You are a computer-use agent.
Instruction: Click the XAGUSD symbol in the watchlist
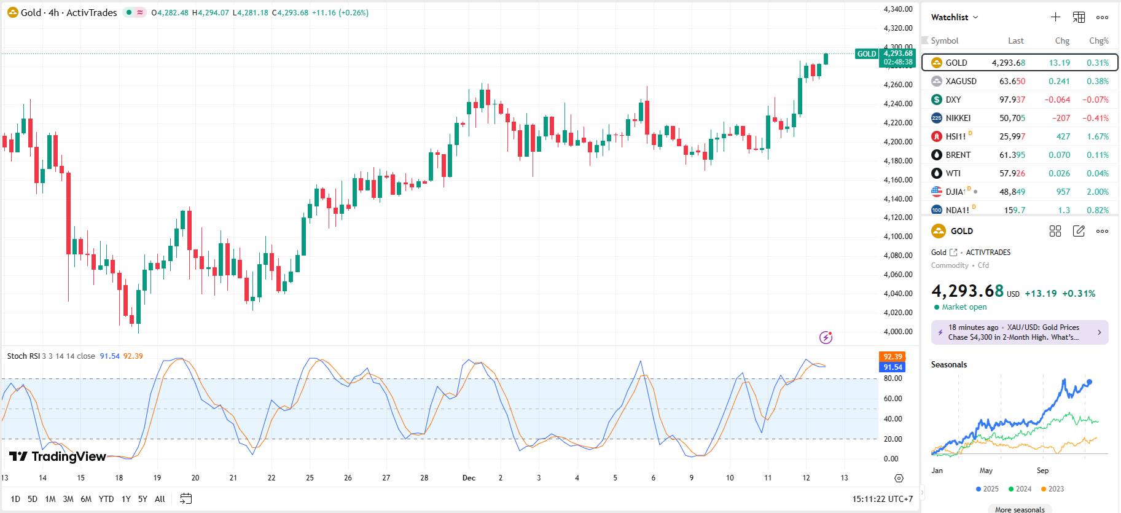point(961,81)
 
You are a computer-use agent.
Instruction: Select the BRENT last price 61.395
point(1012,155)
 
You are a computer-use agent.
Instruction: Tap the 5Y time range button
point(143,499)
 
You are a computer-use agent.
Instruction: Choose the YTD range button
point(106,499)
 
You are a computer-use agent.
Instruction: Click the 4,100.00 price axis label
point(897,237)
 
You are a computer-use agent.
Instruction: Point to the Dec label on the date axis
point(469,478)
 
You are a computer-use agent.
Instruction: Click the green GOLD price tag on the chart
point(867,54)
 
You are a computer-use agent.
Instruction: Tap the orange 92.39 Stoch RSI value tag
point(892,357)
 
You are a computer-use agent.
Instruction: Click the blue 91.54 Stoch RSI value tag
point(892,367)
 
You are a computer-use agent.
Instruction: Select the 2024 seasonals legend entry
point(1020,489)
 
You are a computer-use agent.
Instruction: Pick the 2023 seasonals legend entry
point(1053,489)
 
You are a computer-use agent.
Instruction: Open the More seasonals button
point(1020,509)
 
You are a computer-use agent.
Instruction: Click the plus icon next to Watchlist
point(1055,17)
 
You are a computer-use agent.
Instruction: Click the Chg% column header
point(1098,41)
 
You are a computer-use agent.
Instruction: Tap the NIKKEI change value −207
point(1061,118)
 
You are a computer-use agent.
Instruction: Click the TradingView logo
point(58,456)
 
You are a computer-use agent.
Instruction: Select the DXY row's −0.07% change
point(1095,100)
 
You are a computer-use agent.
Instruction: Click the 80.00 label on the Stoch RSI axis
point(893,378)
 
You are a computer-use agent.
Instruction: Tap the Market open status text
point(964,307)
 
